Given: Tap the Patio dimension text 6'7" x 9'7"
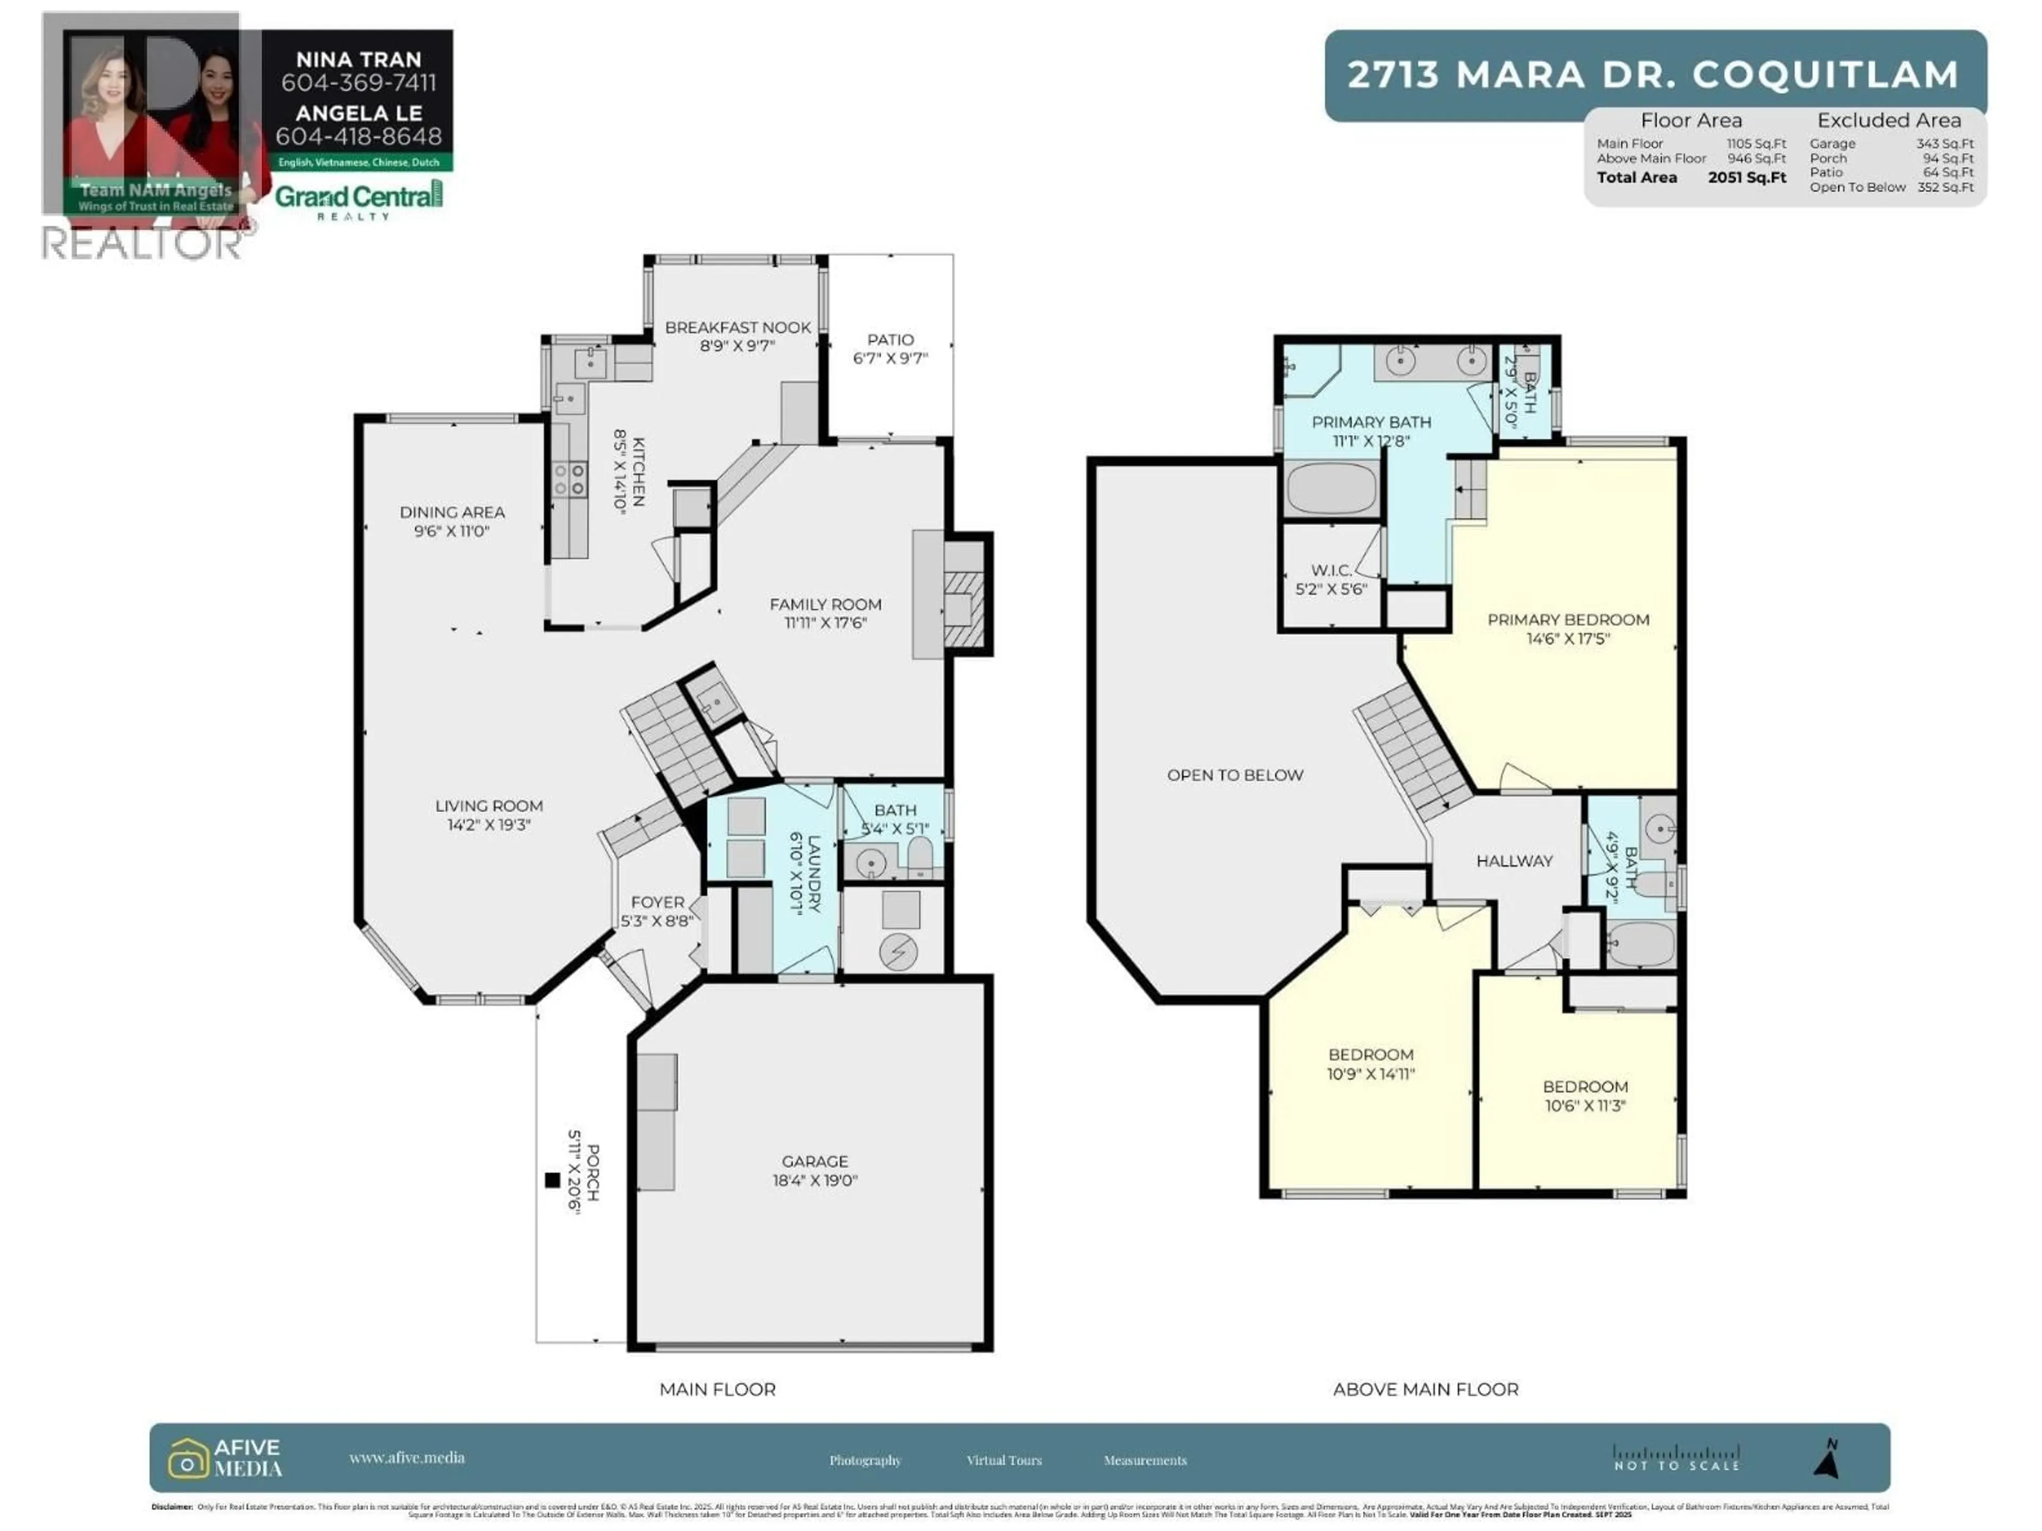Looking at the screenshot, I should tap(890, 358).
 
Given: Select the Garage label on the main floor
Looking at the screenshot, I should tap(814, 1161).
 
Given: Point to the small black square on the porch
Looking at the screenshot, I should tap(552, 1180).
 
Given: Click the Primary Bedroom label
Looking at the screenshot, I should tap(1568, 619).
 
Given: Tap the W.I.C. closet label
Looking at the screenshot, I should tap(1330, 570).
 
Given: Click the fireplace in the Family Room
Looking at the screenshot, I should tap(963, 595).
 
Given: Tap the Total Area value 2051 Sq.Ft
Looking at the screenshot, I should tap(1746, 177).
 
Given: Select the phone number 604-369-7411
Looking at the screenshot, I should tap(358, 83).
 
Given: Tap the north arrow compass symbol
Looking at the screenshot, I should tap(1827, 1458).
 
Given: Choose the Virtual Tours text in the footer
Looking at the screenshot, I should tap(1003, 1460).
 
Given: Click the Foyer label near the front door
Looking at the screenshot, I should tap(657, 902).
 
